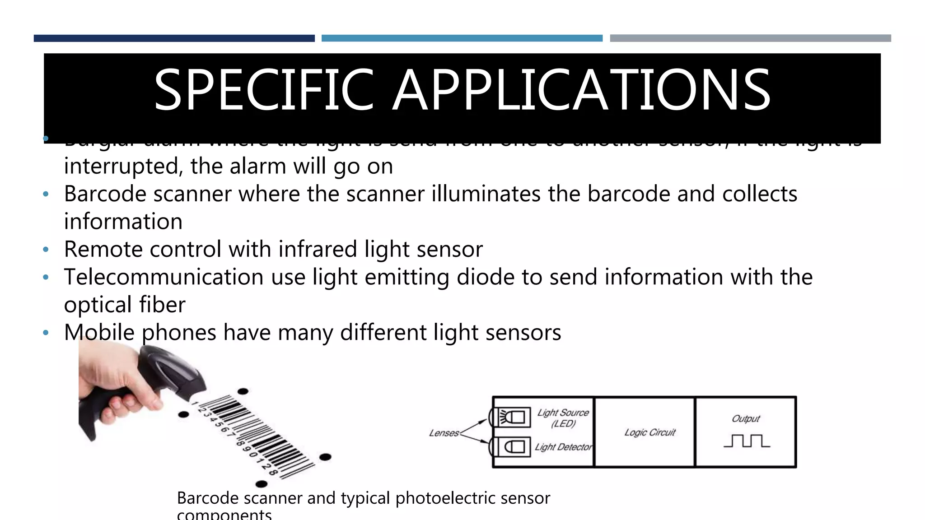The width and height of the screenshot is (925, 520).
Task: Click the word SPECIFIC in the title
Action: point(264,90)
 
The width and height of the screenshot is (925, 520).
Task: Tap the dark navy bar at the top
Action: point(174,38)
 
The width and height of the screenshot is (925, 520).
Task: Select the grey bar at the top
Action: point(750,38)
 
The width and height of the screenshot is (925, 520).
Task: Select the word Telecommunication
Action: point(164,277)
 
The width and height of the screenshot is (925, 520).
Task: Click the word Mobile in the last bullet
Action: point(99,333)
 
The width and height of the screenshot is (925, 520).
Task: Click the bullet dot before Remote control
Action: point(45,250)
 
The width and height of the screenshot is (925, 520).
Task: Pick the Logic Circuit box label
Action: point(649,432)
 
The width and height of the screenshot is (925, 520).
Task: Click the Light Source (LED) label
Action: point(563,418)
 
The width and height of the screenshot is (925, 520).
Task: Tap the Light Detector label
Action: point(563,447)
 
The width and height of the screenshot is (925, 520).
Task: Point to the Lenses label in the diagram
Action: point(444,433)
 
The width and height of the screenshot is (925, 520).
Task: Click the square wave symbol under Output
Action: point(747,441)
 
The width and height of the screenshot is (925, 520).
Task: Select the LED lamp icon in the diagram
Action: point(514,417)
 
